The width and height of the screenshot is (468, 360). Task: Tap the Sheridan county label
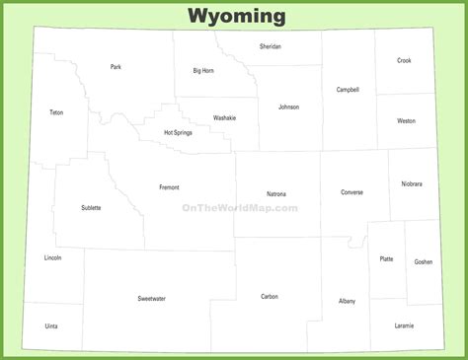270,46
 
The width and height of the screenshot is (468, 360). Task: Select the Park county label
116,67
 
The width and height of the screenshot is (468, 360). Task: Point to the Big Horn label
203,71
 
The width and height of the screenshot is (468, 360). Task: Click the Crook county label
404,60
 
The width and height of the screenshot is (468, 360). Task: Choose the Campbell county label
348,90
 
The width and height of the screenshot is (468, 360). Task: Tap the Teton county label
56,112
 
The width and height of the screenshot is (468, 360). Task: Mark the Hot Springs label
178,132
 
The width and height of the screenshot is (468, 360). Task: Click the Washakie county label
224,117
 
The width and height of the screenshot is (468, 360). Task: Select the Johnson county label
288,107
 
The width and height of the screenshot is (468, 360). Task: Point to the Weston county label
406,120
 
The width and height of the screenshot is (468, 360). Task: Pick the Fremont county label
169,186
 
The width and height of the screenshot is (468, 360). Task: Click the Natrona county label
276,193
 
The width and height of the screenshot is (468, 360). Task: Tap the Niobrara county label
412,183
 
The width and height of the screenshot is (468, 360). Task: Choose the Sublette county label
91,208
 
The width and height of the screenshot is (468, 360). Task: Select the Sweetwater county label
151,297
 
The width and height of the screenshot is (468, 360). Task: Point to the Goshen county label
423,261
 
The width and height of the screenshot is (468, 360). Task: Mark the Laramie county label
404,325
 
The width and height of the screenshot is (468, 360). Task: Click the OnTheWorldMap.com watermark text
239,208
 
